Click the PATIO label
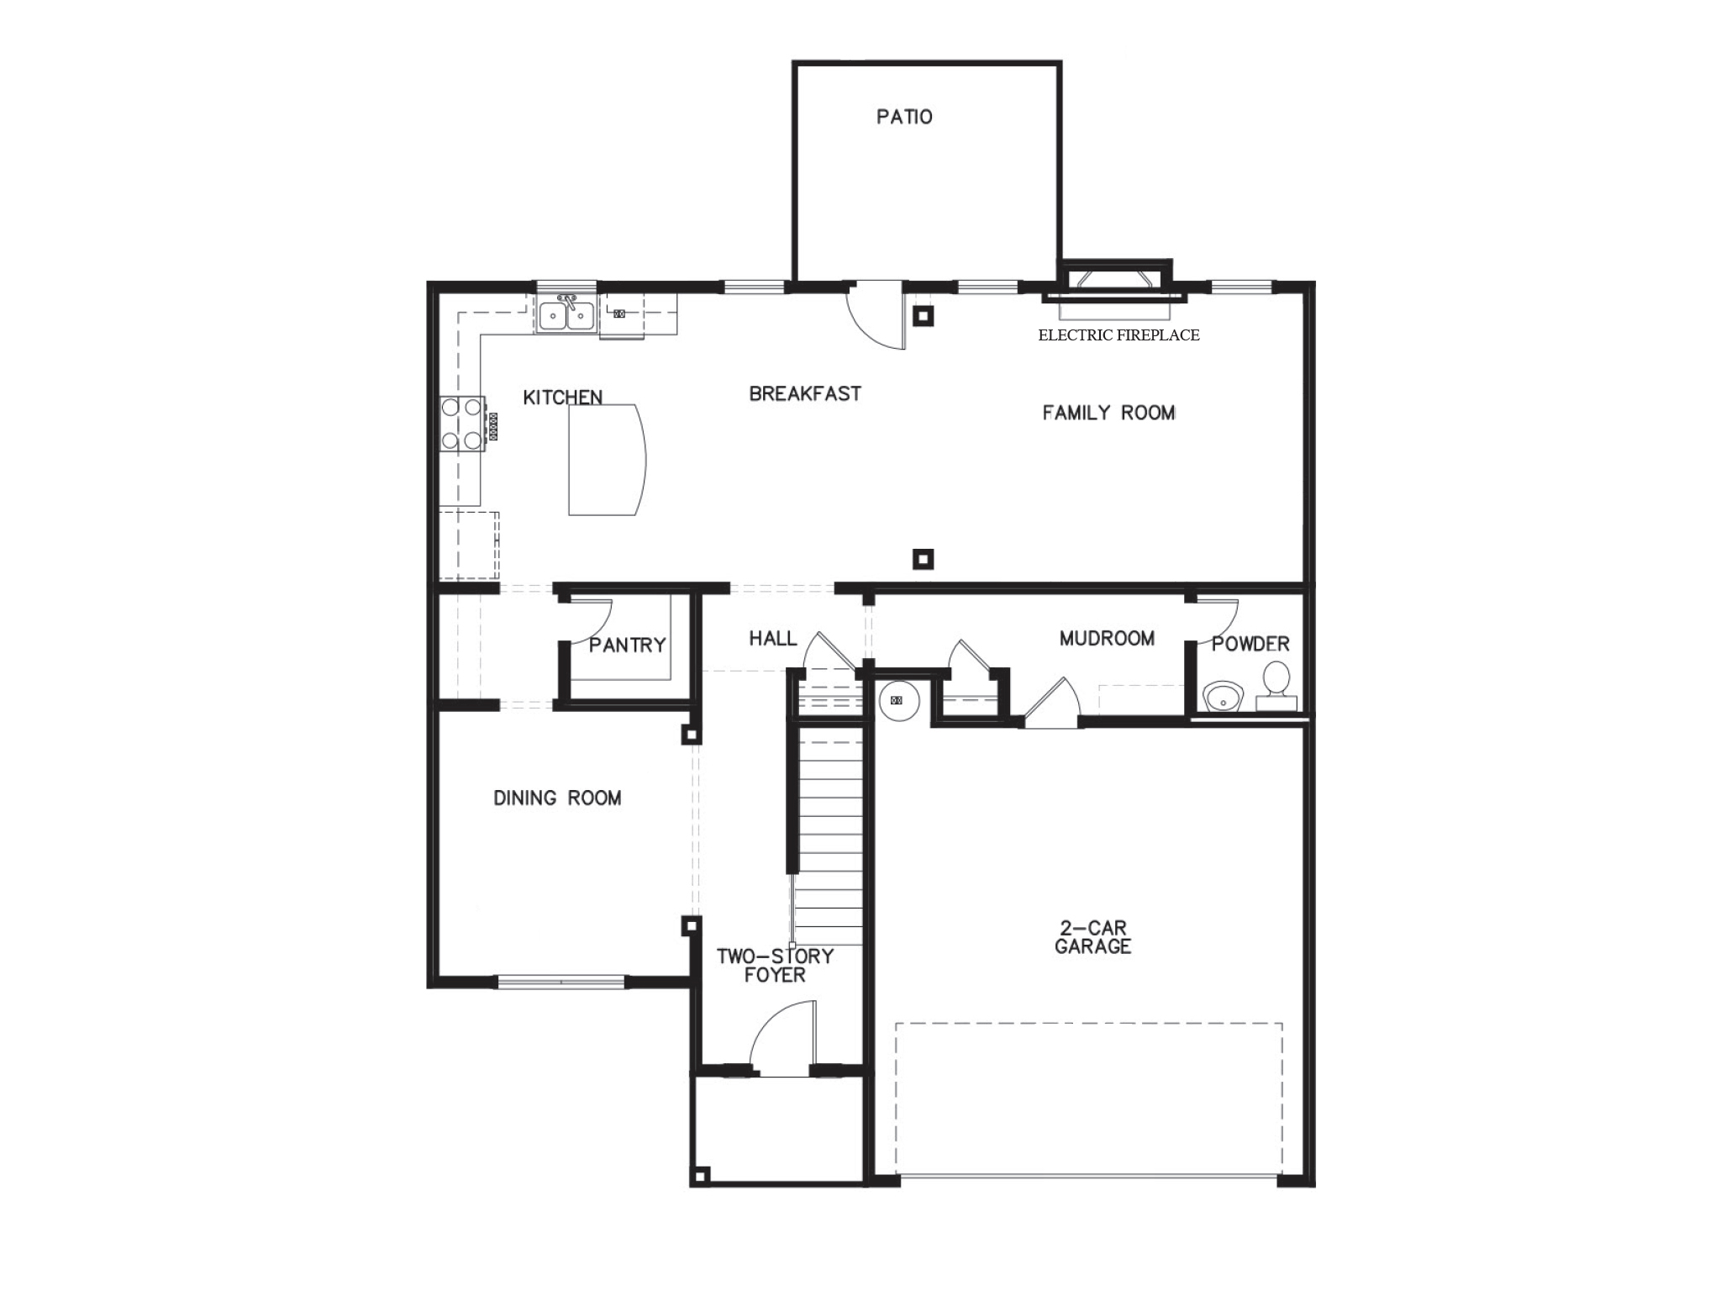point(904,117)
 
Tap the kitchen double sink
point(566,317)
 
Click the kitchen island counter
point(603,459)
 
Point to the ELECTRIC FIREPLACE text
point(1118,335)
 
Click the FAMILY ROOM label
point(1108,413)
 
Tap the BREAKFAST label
point(805,393)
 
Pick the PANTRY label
point(627,645)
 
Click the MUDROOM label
point(1107,639)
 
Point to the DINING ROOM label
point(557,798)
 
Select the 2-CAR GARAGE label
point(1092,937)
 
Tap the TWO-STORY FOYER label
point(775,965)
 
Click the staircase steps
point(829,832)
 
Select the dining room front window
point(561,980)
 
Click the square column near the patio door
point(923,316)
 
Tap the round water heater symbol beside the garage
point(897,699)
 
